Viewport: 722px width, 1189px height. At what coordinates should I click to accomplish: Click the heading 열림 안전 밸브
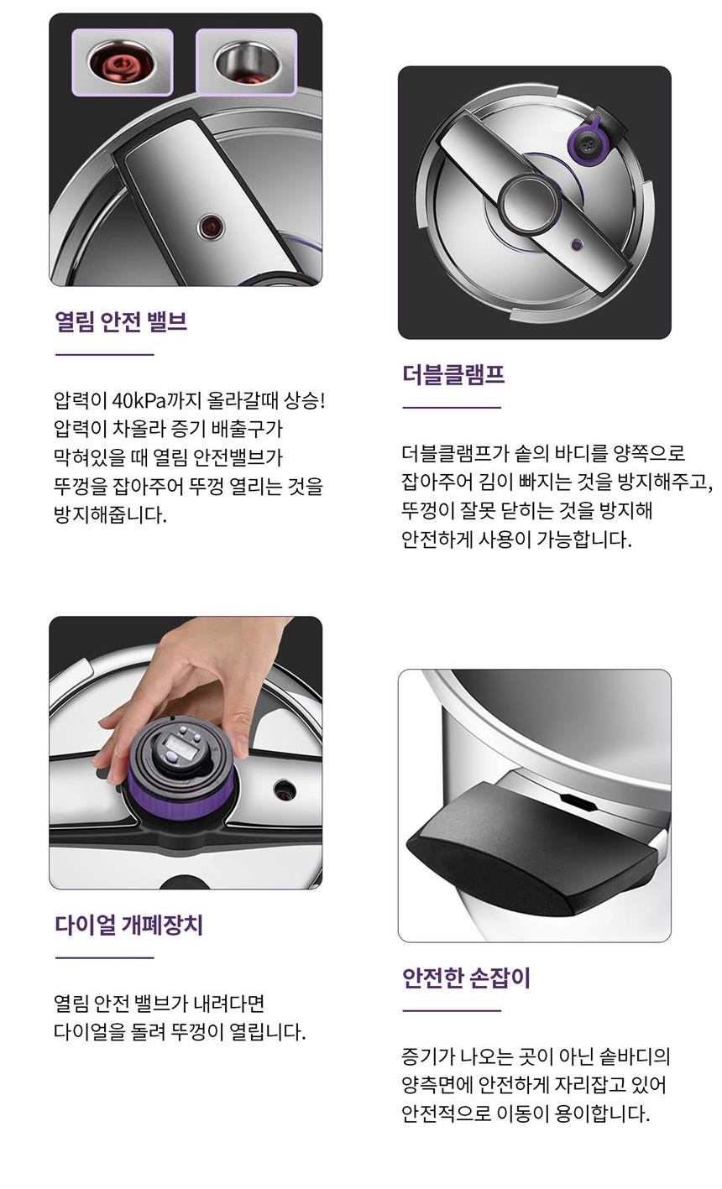tap(121, 321)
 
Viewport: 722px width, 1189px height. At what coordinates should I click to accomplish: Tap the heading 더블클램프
tap(453, 375)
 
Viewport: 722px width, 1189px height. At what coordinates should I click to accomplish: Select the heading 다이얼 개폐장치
tap(129, 925)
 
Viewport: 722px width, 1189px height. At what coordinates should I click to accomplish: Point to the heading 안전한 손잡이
tap(467, 978)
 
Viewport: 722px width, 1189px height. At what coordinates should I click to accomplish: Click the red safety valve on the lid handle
tap(211, 227)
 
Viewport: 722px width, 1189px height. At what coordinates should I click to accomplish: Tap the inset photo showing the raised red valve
tap(123, 62)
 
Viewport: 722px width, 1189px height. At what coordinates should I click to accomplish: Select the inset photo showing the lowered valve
tap(247, 62)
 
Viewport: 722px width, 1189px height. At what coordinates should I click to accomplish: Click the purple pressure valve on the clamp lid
tap(587, 143)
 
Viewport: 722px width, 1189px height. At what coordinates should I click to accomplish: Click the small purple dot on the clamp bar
tap(577, 245)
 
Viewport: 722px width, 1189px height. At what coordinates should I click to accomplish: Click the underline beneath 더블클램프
tap(452, 408)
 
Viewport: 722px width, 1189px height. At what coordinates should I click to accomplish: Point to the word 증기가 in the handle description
tap(427, 1056)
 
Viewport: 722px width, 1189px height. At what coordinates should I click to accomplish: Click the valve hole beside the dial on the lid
tap(285, 790)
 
